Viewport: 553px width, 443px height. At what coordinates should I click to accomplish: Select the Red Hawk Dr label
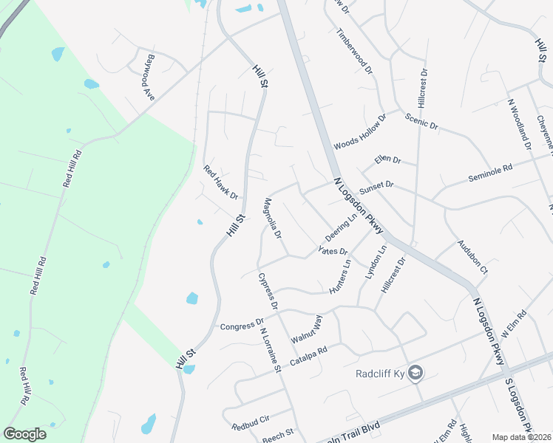pos(221,182)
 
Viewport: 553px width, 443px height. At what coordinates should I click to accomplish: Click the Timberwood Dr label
pos(355,51)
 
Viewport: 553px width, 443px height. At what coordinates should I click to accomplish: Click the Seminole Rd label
pos(490,174)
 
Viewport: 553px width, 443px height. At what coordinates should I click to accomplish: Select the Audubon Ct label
pos(472,257)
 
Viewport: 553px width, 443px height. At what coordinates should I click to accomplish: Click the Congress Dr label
pos(242,325)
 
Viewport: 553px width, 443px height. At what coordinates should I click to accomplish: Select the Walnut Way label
pos(307,329)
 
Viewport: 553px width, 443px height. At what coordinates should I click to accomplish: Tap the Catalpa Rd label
pos(308,357)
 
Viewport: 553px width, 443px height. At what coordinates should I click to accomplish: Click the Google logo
pos(25,434)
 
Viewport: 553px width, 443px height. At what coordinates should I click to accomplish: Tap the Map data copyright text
pos(522,437)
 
